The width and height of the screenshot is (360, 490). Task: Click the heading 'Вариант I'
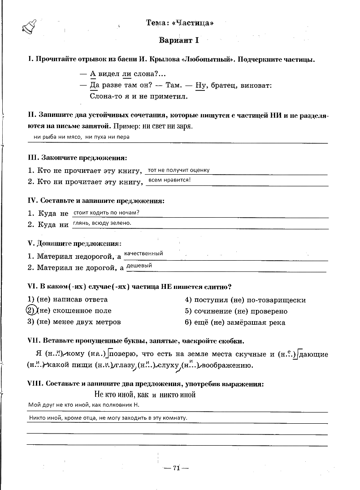click(x=178, y=40)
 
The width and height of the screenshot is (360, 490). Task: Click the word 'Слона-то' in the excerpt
click(x=105, y=96)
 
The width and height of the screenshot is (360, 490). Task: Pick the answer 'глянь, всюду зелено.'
click(x=102, y=223)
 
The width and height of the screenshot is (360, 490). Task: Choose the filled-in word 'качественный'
click(x=143, y=254)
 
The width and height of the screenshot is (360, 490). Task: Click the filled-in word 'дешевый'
click(x=139, y=266)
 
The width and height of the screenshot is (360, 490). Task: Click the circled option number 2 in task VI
click(x=30, y=310)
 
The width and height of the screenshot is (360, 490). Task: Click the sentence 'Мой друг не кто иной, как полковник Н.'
click(x=84, y=405)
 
